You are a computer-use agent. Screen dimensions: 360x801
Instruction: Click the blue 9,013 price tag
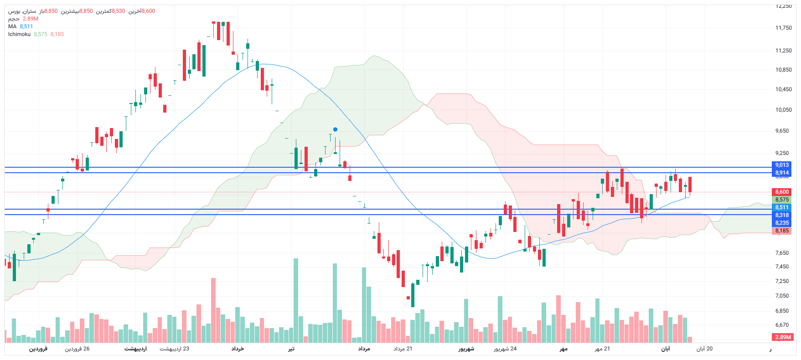pos(782,165)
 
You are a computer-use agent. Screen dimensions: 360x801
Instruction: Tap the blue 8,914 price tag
pos(782,173)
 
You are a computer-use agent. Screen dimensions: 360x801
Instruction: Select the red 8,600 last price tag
pos(782,192)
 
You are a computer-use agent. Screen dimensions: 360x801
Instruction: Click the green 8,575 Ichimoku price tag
pos(782,200)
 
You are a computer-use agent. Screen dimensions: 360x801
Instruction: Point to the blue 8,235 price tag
pos(782,223)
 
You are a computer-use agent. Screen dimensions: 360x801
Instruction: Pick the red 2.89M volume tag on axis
pos(783,337)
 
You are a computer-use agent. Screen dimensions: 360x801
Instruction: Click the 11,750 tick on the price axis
pos(783,28)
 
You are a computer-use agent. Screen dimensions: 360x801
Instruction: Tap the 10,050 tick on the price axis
pos(783,110)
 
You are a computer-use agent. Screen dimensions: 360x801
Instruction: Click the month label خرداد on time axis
pos(238,349)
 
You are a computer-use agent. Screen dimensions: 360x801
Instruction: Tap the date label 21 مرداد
pos(403,349)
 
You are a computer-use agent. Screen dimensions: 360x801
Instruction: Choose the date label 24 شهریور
pos(505,349)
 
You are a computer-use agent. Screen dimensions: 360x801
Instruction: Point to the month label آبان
pos(666,349)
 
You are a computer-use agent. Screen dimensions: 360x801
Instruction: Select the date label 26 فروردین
pos(77,349)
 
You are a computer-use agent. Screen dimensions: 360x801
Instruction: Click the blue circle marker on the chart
pos(335,129)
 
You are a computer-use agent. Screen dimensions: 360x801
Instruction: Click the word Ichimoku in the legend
pos(19,34)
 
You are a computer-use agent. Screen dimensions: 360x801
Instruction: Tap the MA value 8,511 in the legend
pos(26,26)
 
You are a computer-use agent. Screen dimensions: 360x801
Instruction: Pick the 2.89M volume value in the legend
pos(31,19)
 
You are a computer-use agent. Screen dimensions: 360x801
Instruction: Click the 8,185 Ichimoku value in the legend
pos(57,34)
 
